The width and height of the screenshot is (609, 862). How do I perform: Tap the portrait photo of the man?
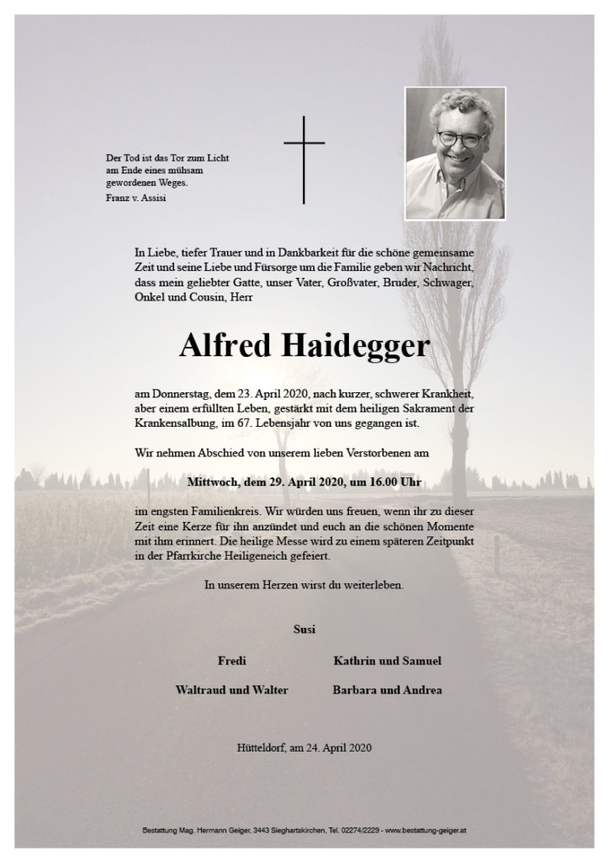[x=454, y=154]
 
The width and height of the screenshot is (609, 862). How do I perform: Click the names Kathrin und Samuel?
[x=387, y=661]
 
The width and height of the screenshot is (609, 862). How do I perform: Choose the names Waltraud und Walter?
[x=231, y=690]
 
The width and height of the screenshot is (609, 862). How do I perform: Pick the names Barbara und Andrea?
[x=387, y=690]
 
